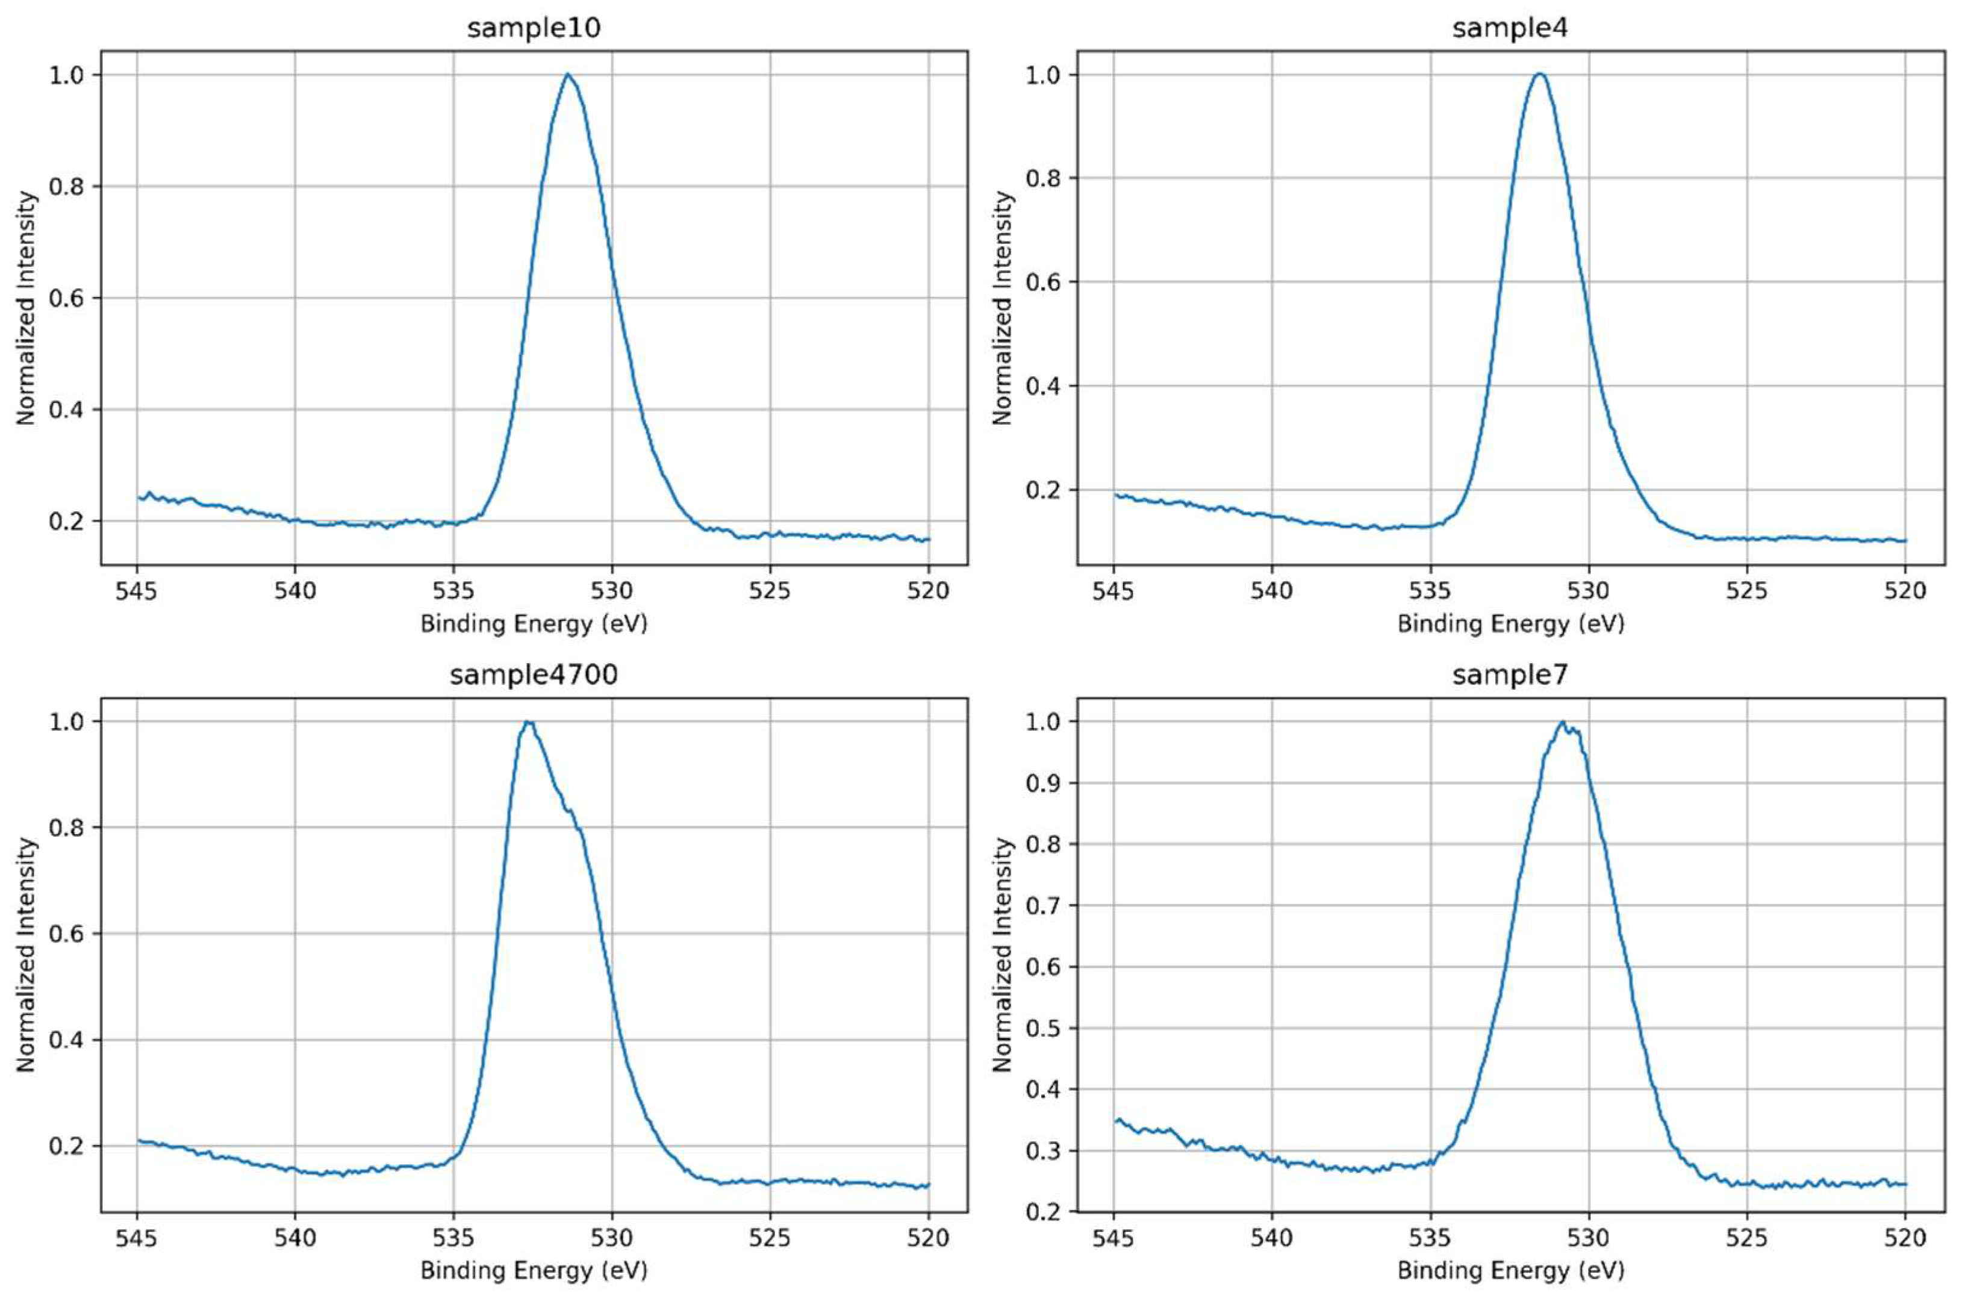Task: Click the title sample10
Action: (534, 28)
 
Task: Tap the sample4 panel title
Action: (1510, 28)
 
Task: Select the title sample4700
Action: (534, 675)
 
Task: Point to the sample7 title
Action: (1510, 675)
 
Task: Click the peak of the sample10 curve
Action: (568, 75)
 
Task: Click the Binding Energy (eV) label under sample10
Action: (534, 623)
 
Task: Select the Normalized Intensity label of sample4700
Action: (26, 955)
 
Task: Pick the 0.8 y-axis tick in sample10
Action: (69, 186)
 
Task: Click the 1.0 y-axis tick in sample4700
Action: (69, 722)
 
